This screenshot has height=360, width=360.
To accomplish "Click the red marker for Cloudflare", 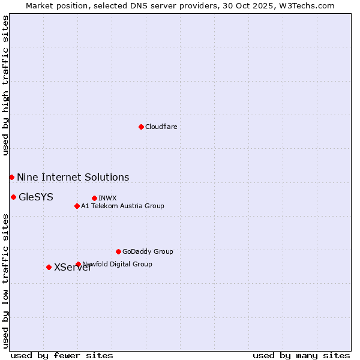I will point(141,127).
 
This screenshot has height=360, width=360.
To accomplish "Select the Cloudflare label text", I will point(161,127).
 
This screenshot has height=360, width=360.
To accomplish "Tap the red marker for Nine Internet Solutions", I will point(11,177).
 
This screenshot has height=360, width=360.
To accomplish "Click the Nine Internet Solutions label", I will point(73,177).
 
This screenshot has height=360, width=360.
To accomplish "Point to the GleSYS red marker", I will point(13,197).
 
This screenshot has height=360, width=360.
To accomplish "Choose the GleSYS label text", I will point(36,197).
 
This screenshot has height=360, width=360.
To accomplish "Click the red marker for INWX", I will point(94,198).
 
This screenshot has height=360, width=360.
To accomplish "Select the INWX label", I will point(107,198).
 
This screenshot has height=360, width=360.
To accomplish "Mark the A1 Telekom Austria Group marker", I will point(77,206).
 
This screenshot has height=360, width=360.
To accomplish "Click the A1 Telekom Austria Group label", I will point(122,206).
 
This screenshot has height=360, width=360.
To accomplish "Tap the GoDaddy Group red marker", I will point(118,251).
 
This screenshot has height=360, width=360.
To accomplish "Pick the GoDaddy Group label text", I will point(148,251).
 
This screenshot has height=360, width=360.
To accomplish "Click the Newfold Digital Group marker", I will point(78,264).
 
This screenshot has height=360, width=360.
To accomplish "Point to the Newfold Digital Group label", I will point(118,264).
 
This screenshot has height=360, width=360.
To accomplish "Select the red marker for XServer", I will point(49,267).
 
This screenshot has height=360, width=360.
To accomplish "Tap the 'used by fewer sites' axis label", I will point(62,355).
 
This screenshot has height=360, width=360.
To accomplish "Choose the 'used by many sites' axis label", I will point(301,355).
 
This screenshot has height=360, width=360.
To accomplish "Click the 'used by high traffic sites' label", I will point(5,85).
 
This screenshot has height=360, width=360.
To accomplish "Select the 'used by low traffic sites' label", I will point(5,281).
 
